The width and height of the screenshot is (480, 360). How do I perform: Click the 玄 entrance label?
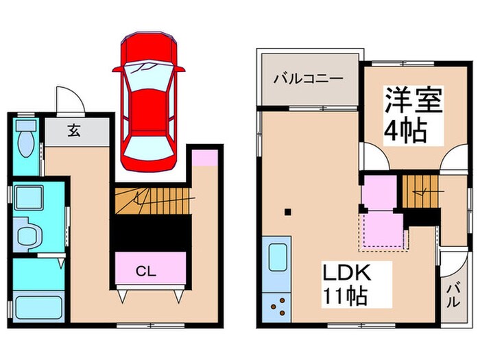(x=73, y=131)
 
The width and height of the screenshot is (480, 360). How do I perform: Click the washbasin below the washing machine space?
(x=28, y=233)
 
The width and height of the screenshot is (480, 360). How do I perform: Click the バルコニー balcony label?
(x=308, y=78)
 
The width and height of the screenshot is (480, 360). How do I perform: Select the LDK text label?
(x=347, y=274)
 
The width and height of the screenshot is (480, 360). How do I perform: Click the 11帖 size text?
(x=346, y=297)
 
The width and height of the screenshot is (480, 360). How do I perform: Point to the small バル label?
(x=454, y=296)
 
